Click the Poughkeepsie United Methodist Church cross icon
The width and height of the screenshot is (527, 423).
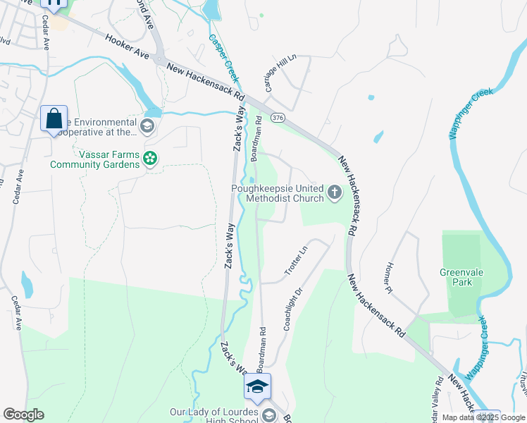(x=335, y=191)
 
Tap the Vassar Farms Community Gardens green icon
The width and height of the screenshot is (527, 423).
(x=149, y=159)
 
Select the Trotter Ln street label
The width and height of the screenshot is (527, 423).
(x=295, y=261)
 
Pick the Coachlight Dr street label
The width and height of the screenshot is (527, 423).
(x=293, y=309)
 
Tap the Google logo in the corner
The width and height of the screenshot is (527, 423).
(x=23, y=415)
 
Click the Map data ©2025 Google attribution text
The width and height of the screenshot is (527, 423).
(x=483, y=417)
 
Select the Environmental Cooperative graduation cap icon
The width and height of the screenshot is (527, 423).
(x=147, y=126)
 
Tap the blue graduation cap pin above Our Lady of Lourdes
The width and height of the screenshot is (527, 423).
(x=258, y=386)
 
